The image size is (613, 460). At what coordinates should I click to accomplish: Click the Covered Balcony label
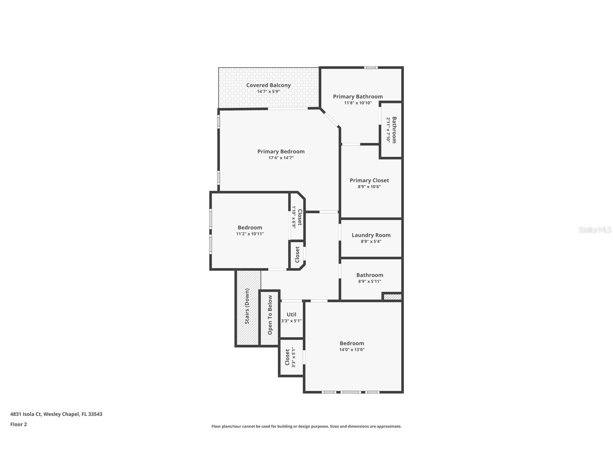(x=268, y=85)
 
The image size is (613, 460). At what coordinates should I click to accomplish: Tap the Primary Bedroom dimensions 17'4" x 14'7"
(x=281, y=158)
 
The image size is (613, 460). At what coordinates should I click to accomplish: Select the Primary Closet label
(x=369, y=180)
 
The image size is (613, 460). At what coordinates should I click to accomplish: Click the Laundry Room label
(x=371, y=235)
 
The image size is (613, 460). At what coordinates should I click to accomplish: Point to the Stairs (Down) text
(x=247, y=306)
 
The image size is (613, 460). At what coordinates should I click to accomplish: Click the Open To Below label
(x=270, y=315)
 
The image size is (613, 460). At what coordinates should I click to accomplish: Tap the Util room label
(x=291, y=315)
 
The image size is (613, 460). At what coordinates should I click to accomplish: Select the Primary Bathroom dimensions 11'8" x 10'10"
(x=358, y=103)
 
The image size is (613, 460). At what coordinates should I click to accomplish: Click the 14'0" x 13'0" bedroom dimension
(x=352, y=350)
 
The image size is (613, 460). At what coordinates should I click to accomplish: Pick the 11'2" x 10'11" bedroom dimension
(x=250, y=234)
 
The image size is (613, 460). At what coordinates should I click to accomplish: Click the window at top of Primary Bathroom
(x=370, y=68)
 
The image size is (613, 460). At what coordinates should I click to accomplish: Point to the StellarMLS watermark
(x=595, y=230)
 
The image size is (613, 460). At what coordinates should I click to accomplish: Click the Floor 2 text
(x=18, y=425)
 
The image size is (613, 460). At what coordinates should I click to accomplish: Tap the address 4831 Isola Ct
(x=56, y=414)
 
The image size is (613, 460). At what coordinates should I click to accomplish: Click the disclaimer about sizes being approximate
(x=306, y=426)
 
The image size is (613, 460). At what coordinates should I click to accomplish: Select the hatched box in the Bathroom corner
(x=392, y=297)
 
